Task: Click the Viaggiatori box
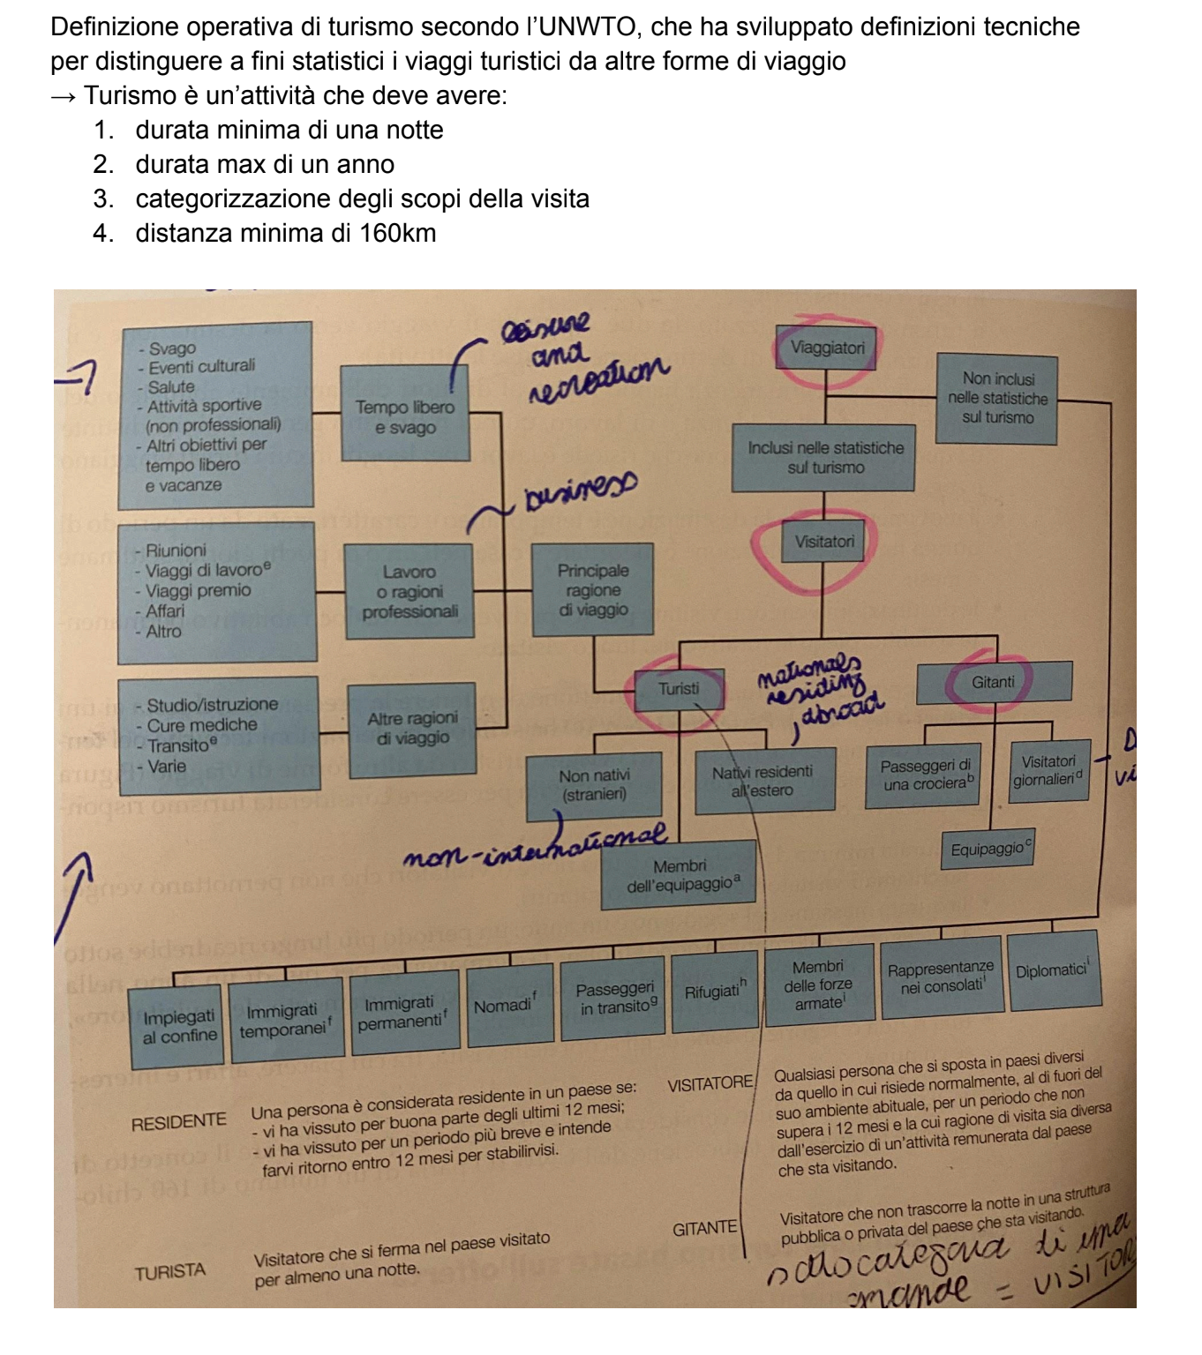point(827,348)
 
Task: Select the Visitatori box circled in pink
point(824,542)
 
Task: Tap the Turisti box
point(679,689)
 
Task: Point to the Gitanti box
point(993,683)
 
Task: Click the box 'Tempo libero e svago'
point(404,417)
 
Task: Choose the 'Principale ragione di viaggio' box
point(593,589)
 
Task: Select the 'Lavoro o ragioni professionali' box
point(409,591)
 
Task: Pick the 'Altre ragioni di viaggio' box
point(412,729)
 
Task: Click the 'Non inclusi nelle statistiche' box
point(998,398)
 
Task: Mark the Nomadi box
point(504,1006)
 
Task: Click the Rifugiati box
point(715,992)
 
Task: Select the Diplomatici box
point(1053,971)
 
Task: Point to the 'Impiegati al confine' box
point(179,1027)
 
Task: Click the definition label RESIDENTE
point(178,1123)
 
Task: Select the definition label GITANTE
point(704,1228)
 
